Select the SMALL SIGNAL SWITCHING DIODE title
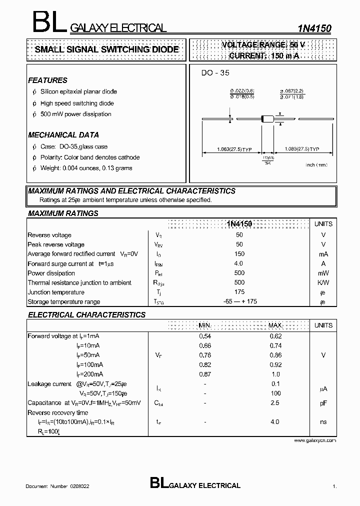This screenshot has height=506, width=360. [106, 49]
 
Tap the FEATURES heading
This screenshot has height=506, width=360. [47, 80]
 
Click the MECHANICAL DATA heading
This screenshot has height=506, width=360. [63, 135]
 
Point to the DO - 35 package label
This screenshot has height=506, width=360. [215, 73]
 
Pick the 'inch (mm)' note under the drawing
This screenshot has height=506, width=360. [316, 165]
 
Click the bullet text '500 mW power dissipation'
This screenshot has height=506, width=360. [76, 114]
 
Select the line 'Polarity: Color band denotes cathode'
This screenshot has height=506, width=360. [90, 157]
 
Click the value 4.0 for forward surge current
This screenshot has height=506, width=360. [239, 263]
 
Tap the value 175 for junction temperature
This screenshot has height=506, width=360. [239, 292]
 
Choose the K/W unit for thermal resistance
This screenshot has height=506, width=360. [323, 282]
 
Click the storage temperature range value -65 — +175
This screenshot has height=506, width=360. [239, 301]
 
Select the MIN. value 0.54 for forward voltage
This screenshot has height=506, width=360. [205, 336]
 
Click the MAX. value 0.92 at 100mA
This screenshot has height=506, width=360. [275, 365]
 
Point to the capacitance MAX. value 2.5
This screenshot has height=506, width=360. [275, 402]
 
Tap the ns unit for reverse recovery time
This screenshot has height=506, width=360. [323, 422]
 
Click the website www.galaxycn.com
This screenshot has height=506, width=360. [315, 440]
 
